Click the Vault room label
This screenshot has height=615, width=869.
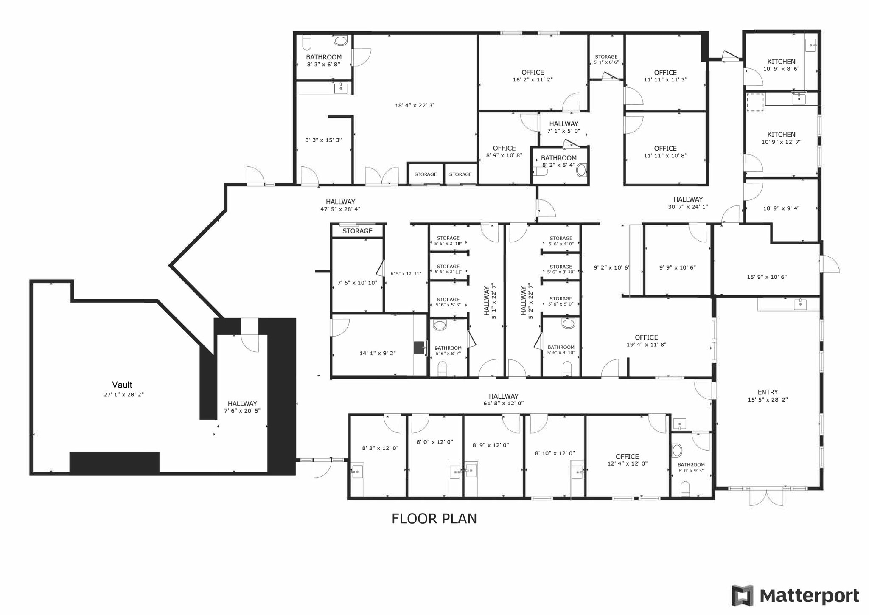click(122, 385)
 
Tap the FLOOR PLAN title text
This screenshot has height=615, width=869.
click(434, 519)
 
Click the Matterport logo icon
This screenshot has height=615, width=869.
click(743, 595)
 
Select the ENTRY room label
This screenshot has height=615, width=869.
click(768, 392)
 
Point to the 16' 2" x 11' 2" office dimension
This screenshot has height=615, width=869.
click(533, 80)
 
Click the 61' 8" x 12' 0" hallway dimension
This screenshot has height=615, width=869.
click(503, 403)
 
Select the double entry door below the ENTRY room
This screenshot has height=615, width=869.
click(766, 497)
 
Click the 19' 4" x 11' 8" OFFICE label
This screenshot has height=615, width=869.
click(646, 337)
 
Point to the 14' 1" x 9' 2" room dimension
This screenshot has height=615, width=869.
click(377, 353)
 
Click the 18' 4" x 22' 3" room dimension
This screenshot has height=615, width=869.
click(415, 105)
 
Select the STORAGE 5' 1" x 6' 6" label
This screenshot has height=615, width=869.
click(606, 57)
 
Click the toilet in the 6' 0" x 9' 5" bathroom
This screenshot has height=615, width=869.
click(685, 488)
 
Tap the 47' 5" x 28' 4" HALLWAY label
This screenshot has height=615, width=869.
click(340, 202)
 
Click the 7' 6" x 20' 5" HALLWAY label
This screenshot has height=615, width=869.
click(242, 404)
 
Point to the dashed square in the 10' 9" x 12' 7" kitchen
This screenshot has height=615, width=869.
click(755, 102)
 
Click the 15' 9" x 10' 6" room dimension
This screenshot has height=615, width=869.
click(766, 277)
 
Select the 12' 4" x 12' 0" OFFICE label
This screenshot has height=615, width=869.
click(627, 457)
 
